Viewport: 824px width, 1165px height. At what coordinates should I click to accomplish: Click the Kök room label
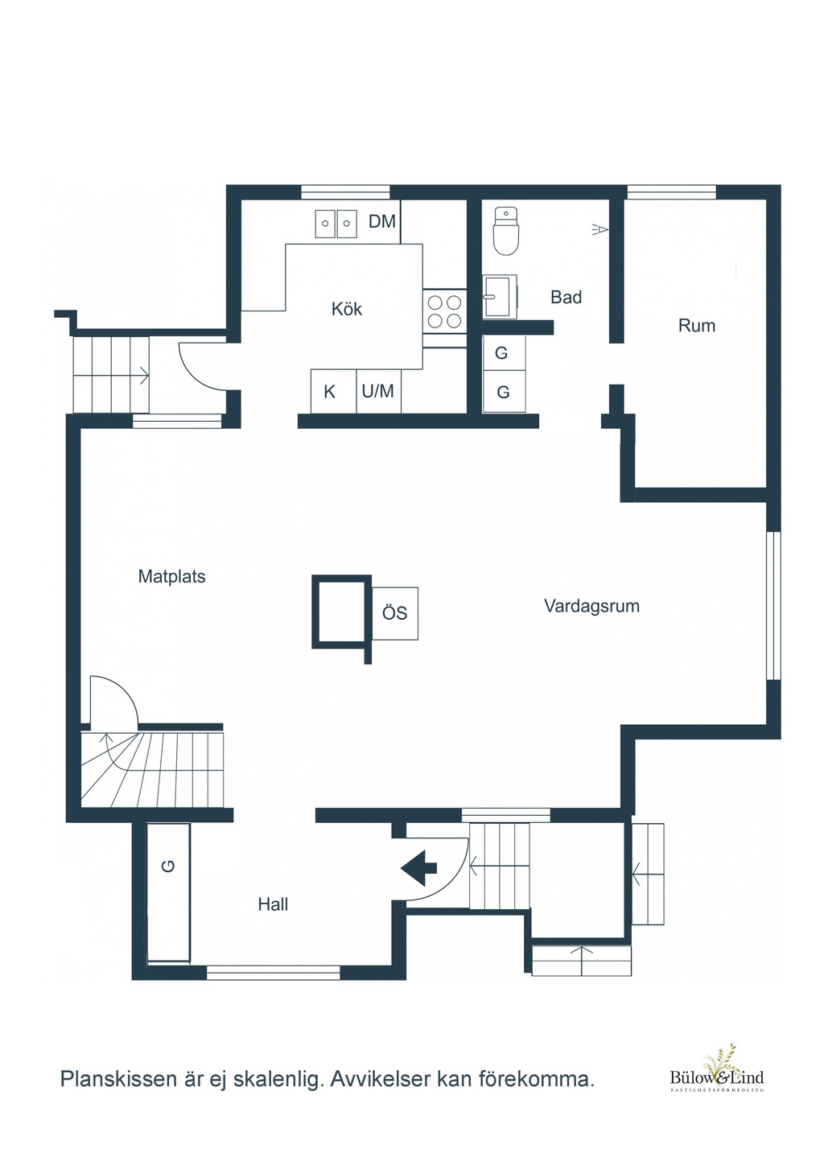[x=347, y=309]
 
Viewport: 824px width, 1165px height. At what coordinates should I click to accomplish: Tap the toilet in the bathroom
[x=506, y=232]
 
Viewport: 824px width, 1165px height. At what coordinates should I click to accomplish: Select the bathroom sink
[x=500, y=296]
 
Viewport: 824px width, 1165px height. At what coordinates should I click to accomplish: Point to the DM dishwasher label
[x=382, y=221]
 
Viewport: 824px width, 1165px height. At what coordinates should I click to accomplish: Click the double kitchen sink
[x=336, y=224]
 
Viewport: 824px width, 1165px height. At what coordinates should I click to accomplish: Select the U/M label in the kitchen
[x=377, y=391]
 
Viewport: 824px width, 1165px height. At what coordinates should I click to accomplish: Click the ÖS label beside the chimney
[x=394, y=613]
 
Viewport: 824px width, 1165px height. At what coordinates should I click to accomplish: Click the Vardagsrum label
[x=592, y=606]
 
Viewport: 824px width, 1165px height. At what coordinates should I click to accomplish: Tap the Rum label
[x=697, y=326]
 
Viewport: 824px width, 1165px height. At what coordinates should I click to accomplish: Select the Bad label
[x=566, y=297]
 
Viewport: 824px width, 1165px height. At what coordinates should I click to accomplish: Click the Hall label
[x=273, y=904]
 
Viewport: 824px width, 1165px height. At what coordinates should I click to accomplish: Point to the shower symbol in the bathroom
[x=600, y=228]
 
